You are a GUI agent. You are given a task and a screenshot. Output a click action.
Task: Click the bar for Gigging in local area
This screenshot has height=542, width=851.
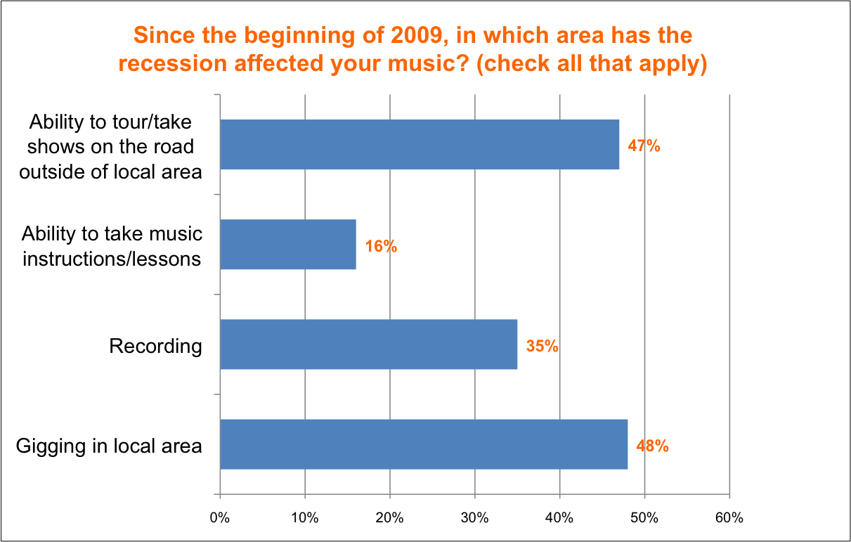424,444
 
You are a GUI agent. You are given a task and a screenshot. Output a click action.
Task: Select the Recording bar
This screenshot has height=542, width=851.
368,344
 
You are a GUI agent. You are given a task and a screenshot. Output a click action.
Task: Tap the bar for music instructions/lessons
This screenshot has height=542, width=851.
288,245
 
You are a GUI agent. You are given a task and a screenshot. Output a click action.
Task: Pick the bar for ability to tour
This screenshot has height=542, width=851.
420,145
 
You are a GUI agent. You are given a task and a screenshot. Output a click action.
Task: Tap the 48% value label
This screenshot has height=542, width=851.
652,446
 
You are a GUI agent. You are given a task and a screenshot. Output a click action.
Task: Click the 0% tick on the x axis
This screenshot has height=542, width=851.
220,518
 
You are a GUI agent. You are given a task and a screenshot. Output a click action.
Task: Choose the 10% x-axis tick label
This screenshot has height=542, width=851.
305,518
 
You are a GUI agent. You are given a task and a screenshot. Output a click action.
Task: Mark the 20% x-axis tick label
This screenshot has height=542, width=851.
389,518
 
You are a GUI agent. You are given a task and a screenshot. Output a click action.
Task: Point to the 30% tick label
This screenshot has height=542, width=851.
474,518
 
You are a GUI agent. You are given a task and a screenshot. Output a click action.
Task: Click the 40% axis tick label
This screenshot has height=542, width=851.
559,518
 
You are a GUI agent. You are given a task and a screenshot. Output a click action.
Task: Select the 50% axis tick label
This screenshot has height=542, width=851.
644,518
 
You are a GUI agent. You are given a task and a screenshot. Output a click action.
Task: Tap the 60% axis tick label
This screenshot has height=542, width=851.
729,518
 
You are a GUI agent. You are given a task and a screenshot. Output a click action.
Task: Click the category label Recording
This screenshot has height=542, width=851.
155,346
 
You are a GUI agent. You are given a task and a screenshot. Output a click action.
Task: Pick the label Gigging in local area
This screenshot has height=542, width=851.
108,446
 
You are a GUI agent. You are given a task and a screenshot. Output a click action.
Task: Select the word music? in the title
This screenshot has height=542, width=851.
424,64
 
